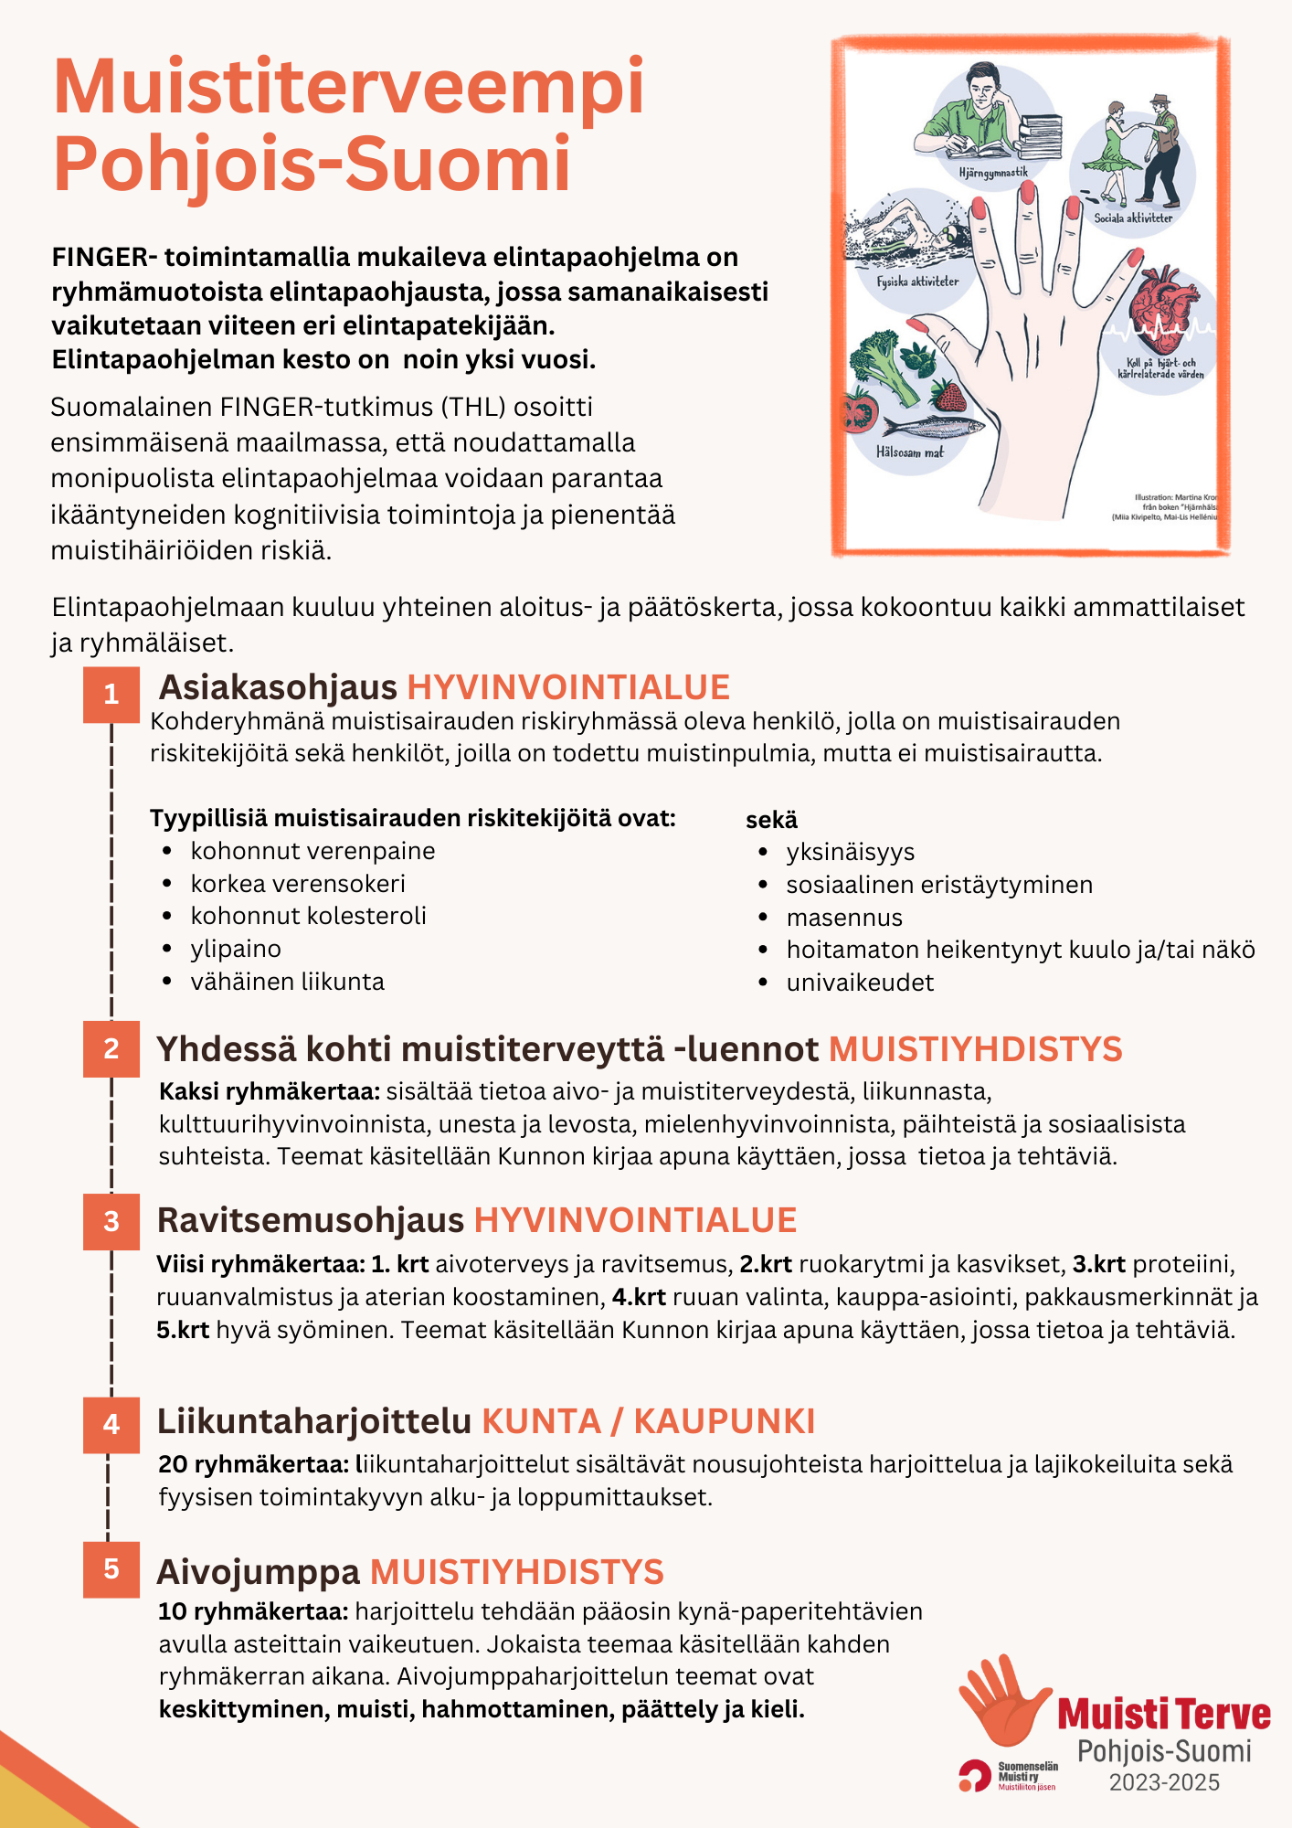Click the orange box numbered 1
[x=111, y=695]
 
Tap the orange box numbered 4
[x=111, y=1424]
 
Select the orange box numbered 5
[x=111, y=1569]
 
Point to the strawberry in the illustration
[x=948, y=396]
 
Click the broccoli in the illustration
[x=884, y=361]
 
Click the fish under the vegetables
[x=933, y=426]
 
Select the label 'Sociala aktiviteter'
[x=1133, y=218]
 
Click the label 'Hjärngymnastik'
[x=993, y=172]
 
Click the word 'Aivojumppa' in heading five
[x=259, y=1572]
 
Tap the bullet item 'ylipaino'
[x=236, y=949]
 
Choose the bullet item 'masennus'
[x=844, y=918]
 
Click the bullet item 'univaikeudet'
[x=860, y=983]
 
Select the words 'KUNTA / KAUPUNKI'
[x=648, y=1421]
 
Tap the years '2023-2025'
[x=1164, y=1782]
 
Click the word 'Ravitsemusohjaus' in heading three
[x=311, y=1220]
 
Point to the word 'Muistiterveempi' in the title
[x=349, y=87]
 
